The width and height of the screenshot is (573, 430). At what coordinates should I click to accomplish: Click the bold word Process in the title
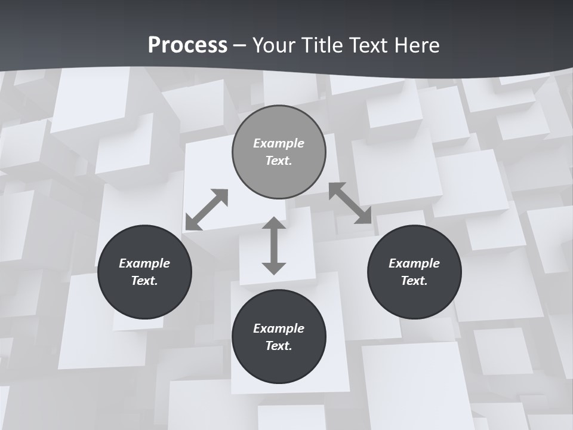pos(187,45)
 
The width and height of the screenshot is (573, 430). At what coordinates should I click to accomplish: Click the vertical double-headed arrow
pos(274,245)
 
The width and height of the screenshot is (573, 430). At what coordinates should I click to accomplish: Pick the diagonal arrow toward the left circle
pos(207,210)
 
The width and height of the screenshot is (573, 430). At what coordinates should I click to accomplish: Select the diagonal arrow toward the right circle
pos(350,203)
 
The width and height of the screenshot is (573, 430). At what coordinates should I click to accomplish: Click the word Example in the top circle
pos(279,143)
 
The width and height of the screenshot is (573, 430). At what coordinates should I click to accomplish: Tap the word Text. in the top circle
pos(279,161)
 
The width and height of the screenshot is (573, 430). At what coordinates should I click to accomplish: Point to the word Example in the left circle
pos(144,263)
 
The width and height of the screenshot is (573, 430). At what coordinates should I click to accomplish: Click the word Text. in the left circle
pos(144,281)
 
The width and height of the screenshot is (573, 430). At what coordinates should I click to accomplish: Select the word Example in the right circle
pos(414,263)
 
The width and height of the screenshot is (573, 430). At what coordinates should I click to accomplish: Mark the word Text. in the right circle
pos(414,281)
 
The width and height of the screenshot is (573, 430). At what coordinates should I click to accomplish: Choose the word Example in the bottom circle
pos(279,328)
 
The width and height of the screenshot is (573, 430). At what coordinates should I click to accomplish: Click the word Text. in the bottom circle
pos(279,346)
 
